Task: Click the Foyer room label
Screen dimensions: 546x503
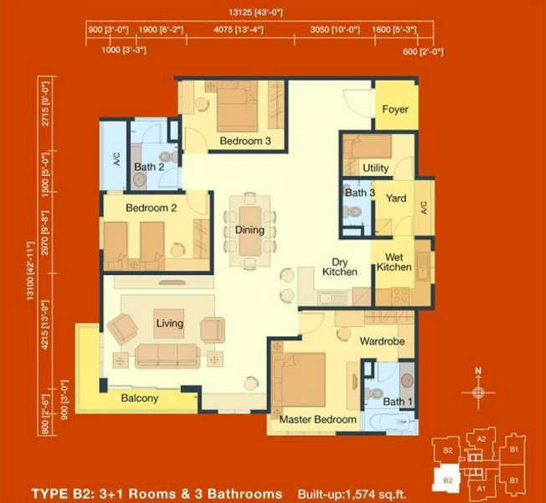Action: pos(395,110)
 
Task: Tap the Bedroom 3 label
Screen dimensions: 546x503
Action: pos(245,141)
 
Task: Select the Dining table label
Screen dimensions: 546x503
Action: pos(250,230)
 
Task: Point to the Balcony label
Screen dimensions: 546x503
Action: pos(140,398)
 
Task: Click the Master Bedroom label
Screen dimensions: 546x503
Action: pos(317,419)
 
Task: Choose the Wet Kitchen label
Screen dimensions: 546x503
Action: pos(394,262)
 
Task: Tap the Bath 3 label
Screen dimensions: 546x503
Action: pos(360,193)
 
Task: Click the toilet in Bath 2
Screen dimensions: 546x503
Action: pos(168,157)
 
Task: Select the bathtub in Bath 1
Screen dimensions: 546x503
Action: pos(389,423)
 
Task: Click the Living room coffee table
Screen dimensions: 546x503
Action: pos(169,324)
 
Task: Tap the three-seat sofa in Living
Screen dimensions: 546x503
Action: pos(167,356)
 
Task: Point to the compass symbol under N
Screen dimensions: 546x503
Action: pos(478,392)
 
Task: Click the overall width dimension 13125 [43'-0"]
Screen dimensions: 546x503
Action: pos(255,13)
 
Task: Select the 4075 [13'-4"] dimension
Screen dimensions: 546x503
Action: pos(239,29)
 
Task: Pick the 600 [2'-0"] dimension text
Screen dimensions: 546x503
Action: pos(423,52)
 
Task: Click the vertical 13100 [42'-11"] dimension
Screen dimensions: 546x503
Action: pos(31,271)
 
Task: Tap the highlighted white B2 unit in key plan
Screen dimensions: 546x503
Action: pos(446,480)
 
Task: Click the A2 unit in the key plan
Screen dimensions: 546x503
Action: pos(481,439)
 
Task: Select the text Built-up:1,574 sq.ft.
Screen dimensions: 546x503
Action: pos(352,494)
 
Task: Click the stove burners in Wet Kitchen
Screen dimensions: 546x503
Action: pos(400,295)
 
